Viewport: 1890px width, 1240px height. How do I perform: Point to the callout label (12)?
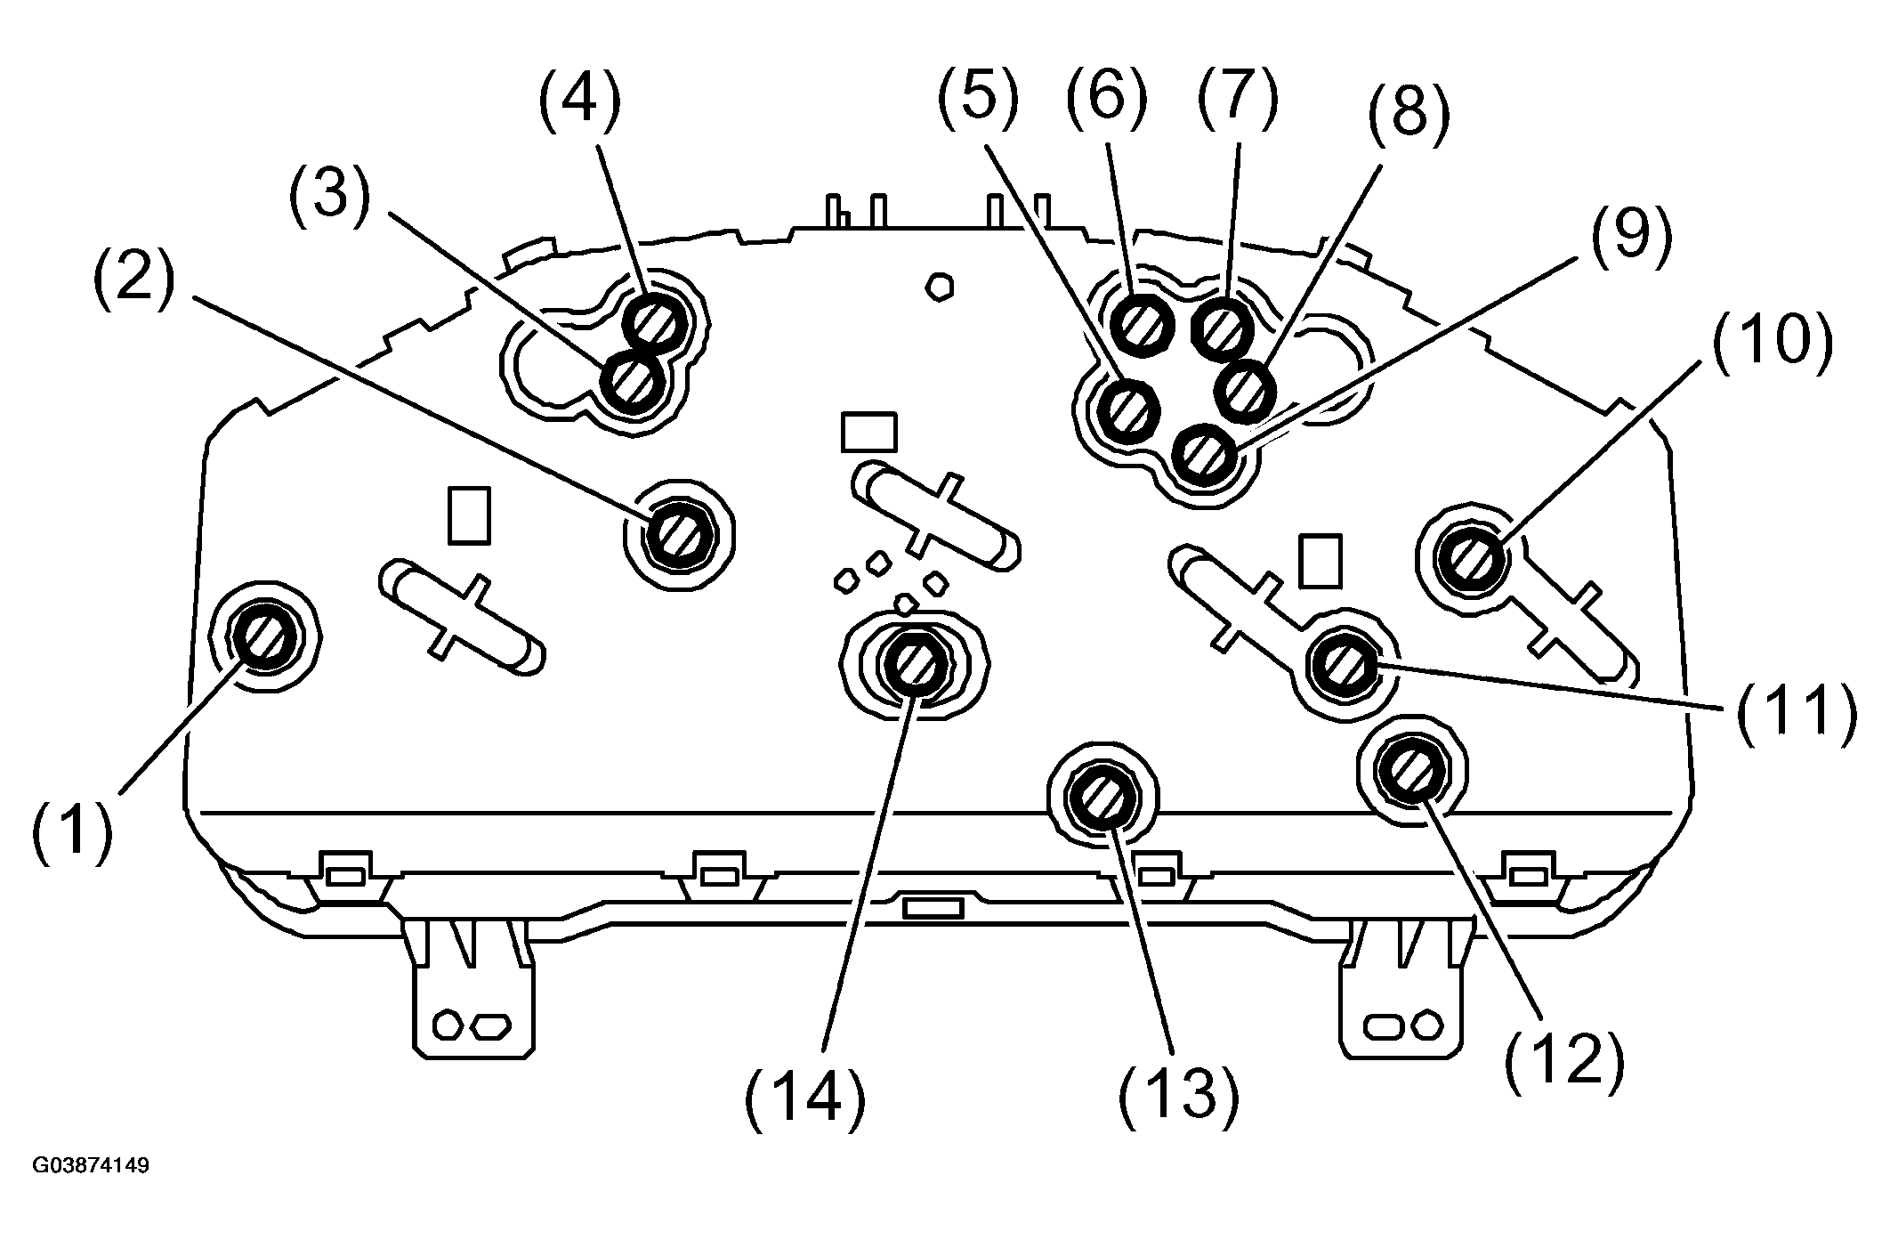pos(1565,1057)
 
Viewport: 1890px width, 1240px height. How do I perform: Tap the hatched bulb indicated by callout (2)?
pos(677,536)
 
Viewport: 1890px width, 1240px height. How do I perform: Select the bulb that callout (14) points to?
pos(915,663)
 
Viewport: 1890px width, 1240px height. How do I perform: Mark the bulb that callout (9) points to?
pos(1204,457)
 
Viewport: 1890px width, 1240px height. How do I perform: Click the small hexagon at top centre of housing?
pos(940,287)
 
